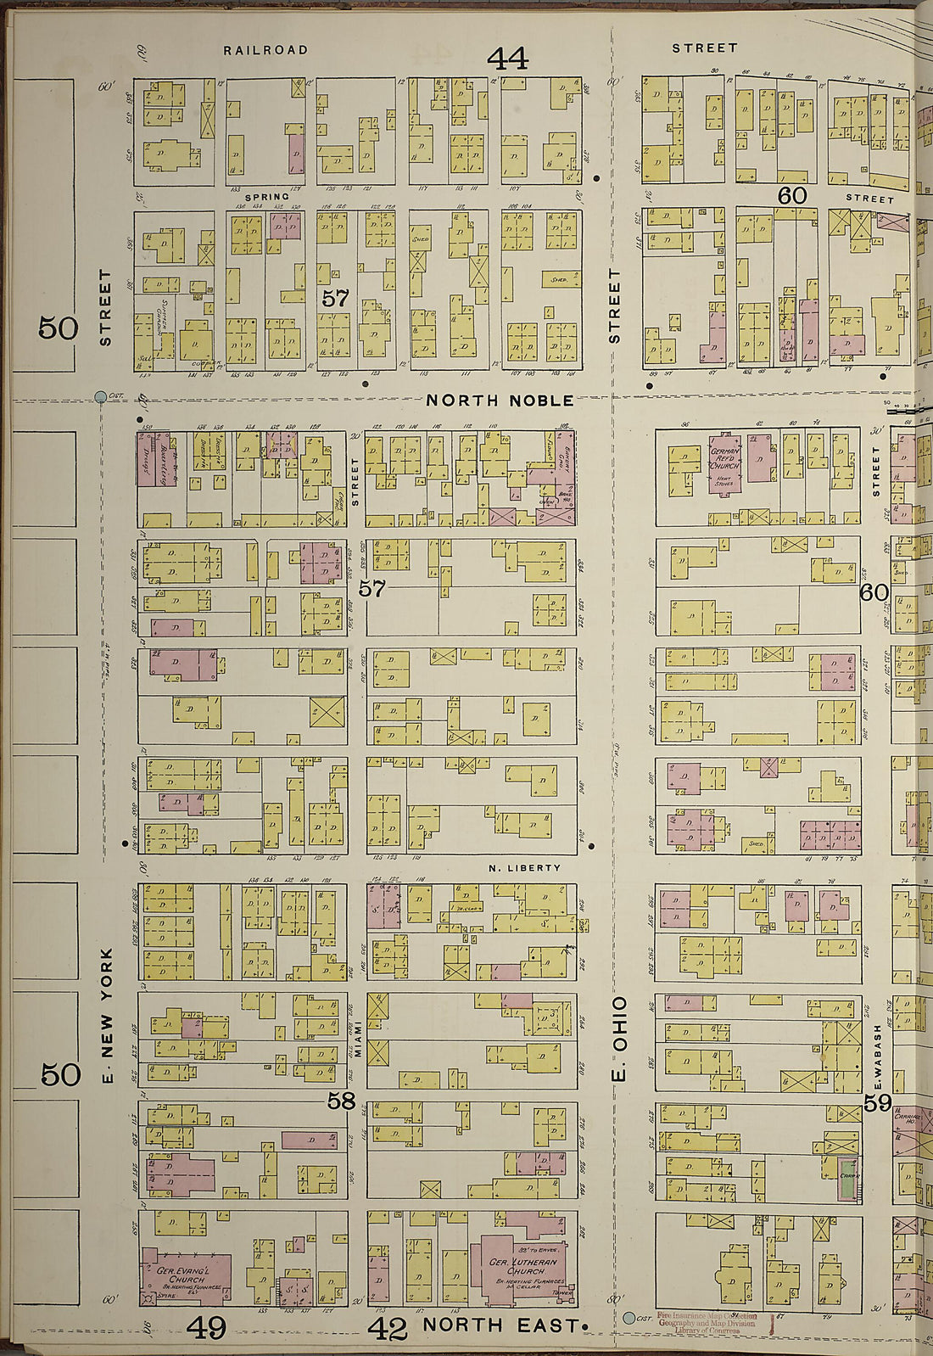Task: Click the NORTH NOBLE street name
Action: pyautogui.click(x=500, y=399)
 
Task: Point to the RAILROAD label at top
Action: pyautogui.click(x=265, y=50)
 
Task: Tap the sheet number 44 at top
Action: pyautogui.click(x=507, y=59)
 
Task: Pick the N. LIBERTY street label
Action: pyautogui.click(x=525, y=867)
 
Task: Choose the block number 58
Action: pyautogui.click(x=341, y=1101)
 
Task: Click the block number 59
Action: pyautogui.click(x=878, y=1102)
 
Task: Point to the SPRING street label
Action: pyautogui.click(x=267, y=196)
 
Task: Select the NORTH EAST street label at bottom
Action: pyautogui.click(x=500, y=1325)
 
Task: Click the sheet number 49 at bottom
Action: pyautogui.click(x=206, y=1327)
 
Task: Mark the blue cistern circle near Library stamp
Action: pyautogui.click(x=629, y=1318)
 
